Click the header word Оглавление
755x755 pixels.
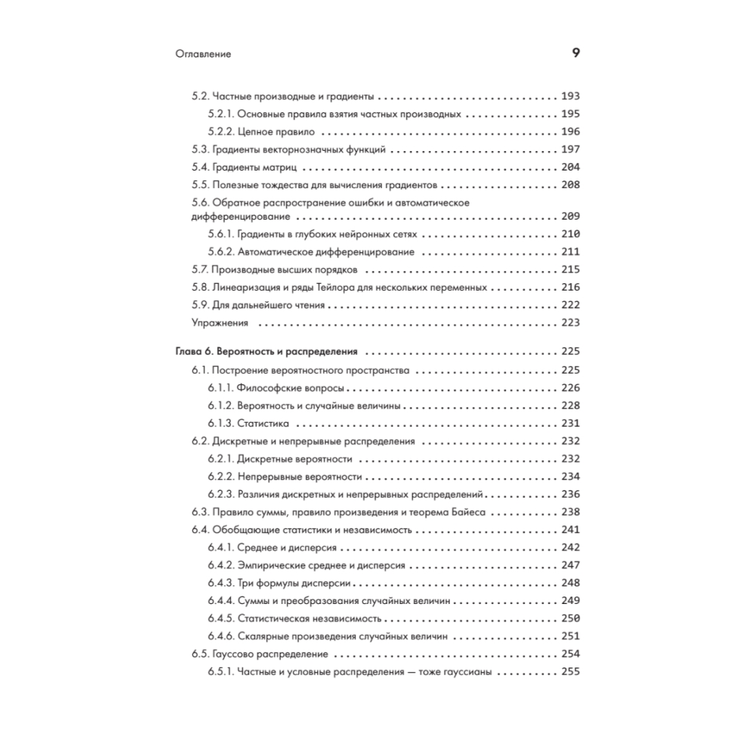point(202,54)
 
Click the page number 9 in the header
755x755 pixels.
point(575,54)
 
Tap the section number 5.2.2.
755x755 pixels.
point(220,131)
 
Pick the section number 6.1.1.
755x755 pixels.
point(220,388)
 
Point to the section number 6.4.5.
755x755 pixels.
point(220,618)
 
